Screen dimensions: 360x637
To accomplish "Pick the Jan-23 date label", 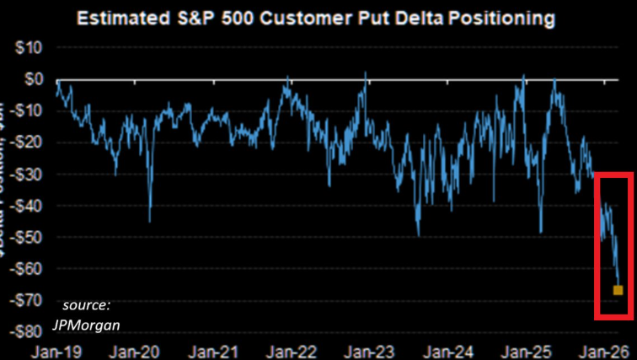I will click(x=371, y=348).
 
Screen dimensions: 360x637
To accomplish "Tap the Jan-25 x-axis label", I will click(x=527, y=348).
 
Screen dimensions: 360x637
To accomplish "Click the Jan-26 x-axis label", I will click(x=605, y=348).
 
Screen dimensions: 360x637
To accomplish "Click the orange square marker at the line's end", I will click(x=618, y=290).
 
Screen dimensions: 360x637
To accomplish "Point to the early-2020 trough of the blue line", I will click(x=150, y=221).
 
